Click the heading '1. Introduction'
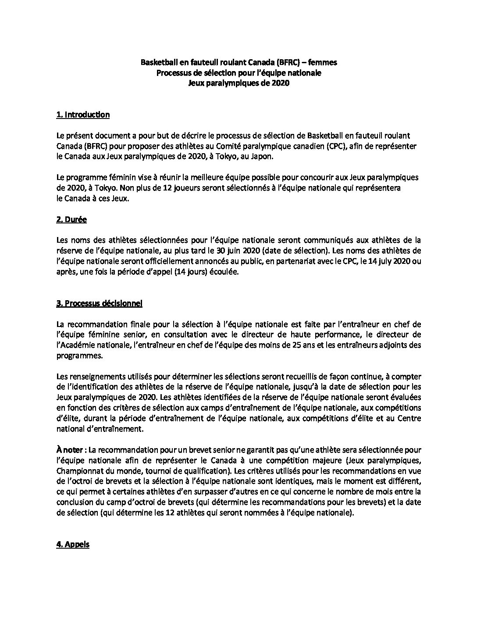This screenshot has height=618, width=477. tap(83, 115)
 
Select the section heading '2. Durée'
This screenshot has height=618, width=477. tap(71, 220)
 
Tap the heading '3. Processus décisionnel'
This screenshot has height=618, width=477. tap(99, 303)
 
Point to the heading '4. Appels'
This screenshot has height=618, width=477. tap(73, 545)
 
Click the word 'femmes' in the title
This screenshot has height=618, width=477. tap(322, 63)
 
